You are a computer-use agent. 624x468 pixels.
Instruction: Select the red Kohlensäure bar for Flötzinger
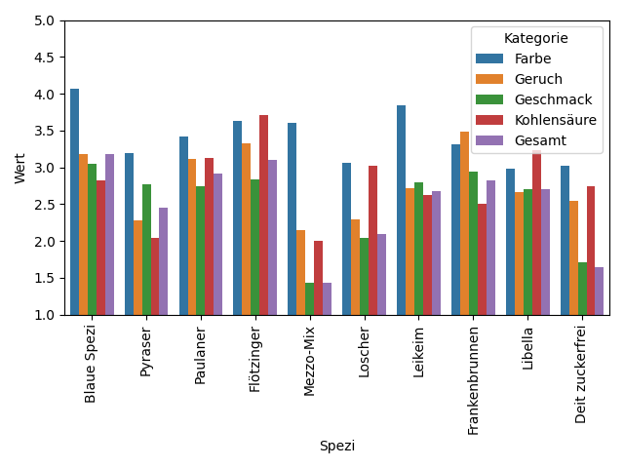(263, 214)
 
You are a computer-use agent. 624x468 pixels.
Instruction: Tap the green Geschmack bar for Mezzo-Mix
(309, 298)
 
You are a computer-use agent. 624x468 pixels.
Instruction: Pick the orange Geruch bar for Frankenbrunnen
(464, 223)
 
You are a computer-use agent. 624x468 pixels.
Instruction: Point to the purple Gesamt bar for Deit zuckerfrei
(599, 291)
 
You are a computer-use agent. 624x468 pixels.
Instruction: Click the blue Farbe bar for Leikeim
(401, 210)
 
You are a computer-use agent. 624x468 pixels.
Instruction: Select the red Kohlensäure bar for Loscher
(372, 240)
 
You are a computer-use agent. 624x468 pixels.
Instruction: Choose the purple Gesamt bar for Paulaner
(217, 244)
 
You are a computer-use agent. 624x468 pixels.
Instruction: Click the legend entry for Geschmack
(551, 99)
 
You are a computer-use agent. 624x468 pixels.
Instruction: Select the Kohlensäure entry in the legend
(555, 120)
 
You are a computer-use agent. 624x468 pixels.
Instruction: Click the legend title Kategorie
(536, 38)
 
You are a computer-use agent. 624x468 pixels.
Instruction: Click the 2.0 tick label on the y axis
(45, 242)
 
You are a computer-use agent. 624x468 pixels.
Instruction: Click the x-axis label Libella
(527, 348)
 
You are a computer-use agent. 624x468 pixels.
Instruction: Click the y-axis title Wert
(20, 168)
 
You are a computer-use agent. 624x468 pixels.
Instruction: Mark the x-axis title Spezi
(337, 446)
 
